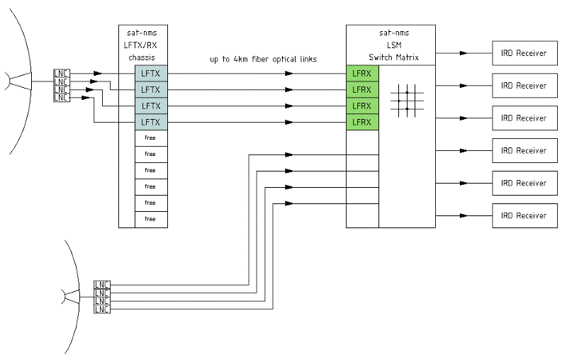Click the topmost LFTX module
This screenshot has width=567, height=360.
pyautogui.click(x=150, y=74)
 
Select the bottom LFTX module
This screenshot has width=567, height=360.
pyautogui.click(x=150, y=123)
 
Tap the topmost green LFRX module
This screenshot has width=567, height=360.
pyautogui.click(x=362, y=74)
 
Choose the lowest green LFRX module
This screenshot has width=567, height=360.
pyautogui.click(x=362, y=123)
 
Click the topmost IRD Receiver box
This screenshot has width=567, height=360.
pyautogui.click(x=523, y=53)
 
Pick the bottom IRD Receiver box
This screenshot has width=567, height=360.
pyautogui.click(x=523, y=215)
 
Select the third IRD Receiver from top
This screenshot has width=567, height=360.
pyautogui.click(x=523, y=118)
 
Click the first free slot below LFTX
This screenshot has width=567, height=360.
pyautogui.click(x=150, y=138)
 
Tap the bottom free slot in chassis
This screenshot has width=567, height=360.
pyautogui.click(x=150, y=219)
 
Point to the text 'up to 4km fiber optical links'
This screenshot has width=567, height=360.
pyautogui.click(x=263, y=60)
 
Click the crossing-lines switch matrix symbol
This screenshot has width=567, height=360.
pyautogui.click(x=406, y=100)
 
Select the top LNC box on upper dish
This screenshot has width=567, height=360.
pyautogui.click(x=62, y=73)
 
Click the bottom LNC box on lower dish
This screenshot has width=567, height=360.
pyautogui.click(x=102, y=310)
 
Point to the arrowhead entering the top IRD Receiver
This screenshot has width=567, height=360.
pyautogui.click(x=464, y=53)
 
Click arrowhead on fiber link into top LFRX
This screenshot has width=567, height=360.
pyautogui.click(x=288, y=74)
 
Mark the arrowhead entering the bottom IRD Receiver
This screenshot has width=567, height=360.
pyautogui.click(x=464, y=215)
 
